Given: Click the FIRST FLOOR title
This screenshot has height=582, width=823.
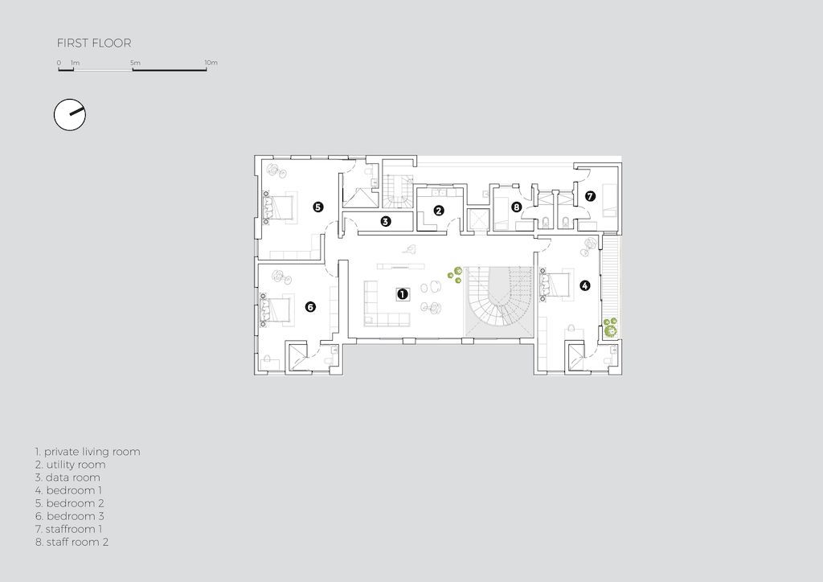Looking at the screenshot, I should click(93, 43).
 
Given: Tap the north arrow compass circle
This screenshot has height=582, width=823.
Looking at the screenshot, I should click(69, 115).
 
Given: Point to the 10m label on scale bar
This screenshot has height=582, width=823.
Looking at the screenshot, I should click(211, 63).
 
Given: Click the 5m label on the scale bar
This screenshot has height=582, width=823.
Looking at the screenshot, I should click(134, 63).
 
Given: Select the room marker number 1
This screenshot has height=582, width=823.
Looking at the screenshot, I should click(402, 294).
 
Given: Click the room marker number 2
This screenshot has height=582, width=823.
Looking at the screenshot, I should click(439, 211).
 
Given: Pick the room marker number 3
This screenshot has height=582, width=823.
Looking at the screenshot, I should click(386, 221).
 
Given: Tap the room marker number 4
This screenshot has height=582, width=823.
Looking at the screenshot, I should click(584, 285).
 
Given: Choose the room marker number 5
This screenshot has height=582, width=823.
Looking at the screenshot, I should click(318, 207).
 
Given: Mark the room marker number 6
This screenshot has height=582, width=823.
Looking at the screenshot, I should click(310, 306).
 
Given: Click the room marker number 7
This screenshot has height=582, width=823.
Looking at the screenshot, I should click(590, 195).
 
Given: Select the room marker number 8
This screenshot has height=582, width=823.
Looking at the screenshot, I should click(516, 207).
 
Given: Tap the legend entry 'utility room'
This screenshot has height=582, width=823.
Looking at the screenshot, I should click(70, 465).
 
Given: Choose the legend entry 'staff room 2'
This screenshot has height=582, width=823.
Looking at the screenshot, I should click(72, 542).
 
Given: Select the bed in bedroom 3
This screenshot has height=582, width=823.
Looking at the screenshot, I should click(276, 309).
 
